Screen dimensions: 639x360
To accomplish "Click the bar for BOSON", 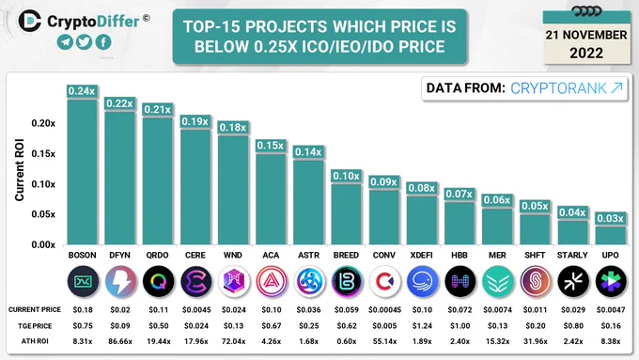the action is click(82, 172).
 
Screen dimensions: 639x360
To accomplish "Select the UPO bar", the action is click(610, 235).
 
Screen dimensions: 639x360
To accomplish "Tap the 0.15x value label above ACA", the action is click(271, 146).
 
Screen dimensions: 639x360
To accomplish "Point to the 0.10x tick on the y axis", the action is click(43, 184).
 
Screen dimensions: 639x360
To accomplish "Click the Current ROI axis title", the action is click(19, 169).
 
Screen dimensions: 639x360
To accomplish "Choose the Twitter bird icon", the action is click(84, 41).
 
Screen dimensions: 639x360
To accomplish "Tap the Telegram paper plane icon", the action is click(65, 41).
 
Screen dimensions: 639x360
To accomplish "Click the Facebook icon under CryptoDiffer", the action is click(103, 41).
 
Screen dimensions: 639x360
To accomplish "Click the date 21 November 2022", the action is click(586, 44).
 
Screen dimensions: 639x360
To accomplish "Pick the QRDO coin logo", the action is click(158, 281).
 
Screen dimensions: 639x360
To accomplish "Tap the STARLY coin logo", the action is click(573, 281).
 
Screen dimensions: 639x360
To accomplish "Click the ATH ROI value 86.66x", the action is click(120, 341).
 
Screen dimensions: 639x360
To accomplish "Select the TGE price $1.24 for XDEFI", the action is click(422, 326).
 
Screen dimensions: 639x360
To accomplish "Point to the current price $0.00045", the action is click(384, 310).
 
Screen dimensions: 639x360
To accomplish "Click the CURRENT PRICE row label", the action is click(35, 310).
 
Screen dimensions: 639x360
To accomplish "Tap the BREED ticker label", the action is click(346, 256).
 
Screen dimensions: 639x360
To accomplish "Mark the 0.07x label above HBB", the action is click(459, 194).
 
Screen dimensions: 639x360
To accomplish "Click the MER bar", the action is click(497, 227).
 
